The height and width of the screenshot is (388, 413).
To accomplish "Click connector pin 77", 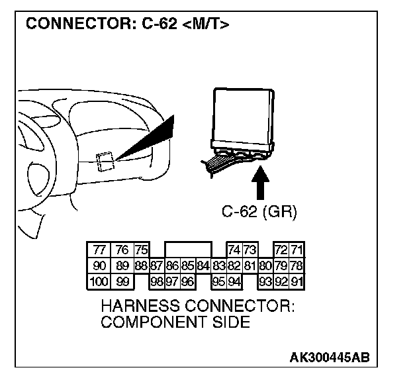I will (x=99, y=250).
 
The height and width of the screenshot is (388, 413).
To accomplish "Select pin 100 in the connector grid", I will (x=98, y=281).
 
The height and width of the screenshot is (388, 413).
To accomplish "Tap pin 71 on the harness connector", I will (x=297, y=250).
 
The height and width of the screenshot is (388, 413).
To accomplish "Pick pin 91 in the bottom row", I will (x=297, y=281).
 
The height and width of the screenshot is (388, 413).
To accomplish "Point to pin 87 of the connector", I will (x=156, y=266).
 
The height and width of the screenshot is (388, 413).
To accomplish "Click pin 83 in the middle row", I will (x=219, y=266).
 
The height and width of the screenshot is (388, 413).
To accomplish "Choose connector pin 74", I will (x=234, y=250).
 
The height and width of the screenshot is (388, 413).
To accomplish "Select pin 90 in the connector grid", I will (x=99, y=266).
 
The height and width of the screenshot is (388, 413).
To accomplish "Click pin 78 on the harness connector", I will (x=297, y=266).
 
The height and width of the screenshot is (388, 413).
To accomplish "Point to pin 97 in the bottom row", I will (x=172, y=281).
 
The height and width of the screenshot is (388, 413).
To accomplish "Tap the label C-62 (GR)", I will (x=259, y=213).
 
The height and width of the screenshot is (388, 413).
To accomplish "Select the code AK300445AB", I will (x=329, y=358).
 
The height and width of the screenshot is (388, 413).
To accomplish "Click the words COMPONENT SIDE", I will (x=175, y=322).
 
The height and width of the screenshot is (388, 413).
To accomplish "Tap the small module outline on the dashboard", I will (x=105, y=161).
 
